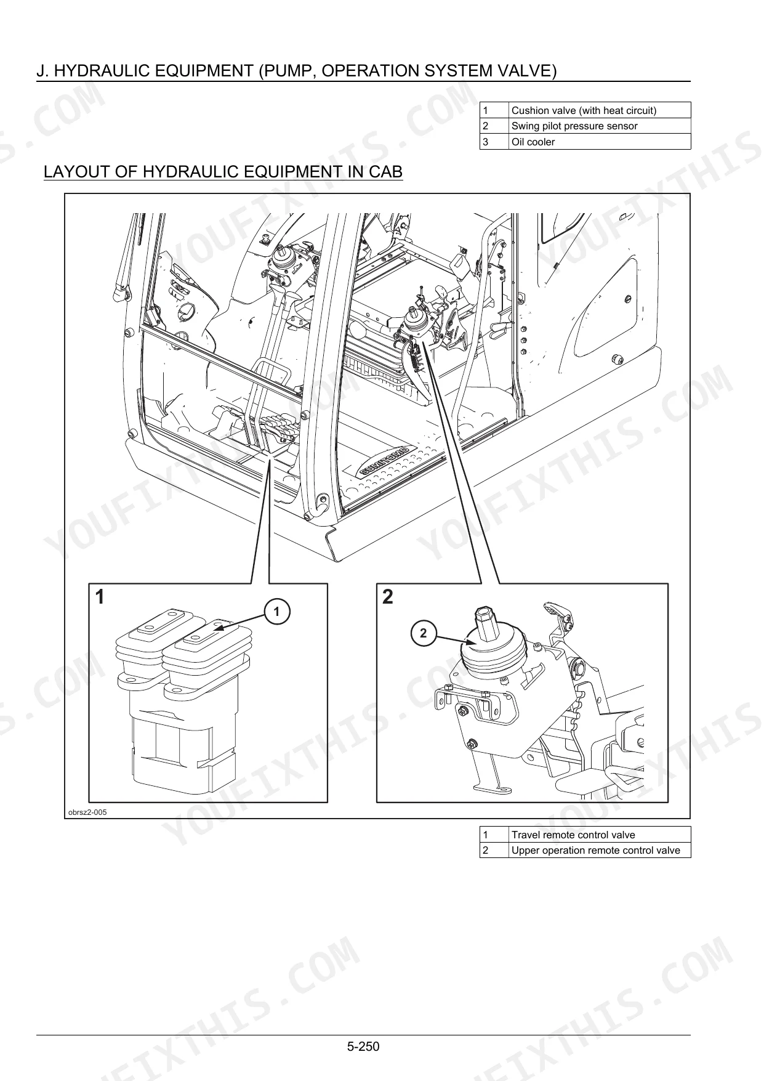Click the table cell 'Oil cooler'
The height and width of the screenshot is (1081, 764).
600,142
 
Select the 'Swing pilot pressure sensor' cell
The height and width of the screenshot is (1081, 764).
600,126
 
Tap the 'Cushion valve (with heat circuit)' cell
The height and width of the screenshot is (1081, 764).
600,110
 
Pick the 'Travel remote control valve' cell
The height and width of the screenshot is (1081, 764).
600,835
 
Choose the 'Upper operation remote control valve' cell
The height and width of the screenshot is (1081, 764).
600,851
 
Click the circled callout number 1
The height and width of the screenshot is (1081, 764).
277,612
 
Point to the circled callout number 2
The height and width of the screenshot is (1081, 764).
423,634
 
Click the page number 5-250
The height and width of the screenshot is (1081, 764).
363,1046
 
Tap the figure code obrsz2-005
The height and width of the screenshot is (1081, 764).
87,812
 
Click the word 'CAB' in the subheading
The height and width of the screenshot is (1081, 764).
385,172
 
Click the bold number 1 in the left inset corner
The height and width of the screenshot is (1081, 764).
99,597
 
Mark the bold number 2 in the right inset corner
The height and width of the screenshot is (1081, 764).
388,597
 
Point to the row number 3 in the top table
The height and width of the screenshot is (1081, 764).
486,142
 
